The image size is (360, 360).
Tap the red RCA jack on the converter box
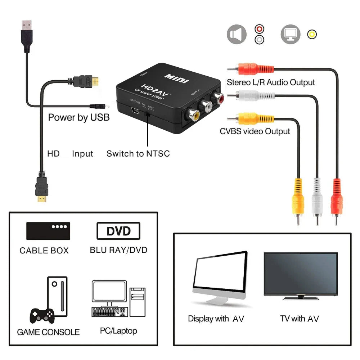click(x=219, y=97)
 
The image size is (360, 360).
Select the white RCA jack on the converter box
click(x=206, y=106)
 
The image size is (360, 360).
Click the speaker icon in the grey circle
click(x=237, y=35)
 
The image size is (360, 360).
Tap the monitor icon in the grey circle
click(x=291, y=35)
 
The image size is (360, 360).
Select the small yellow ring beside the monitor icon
click(x=312, y=35)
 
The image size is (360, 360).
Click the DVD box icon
click(x=118, y=231)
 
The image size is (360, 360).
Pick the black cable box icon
click(x=48, y=231)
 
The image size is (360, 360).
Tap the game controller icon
click(x=42, y=315)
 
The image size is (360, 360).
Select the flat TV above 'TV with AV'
click(x=301, y=275)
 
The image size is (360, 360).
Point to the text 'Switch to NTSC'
click(x=138, y=154)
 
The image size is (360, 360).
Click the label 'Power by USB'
click(x=79, y=117)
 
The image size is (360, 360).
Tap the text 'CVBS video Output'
click(x=255, y=131)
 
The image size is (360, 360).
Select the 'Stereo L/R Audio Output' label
click(x=271, y=82)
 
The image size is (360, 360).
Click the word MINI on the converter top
click(x=176, y=78)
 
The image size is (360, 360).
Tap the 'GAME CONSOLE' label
click(x=48, y=332)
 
